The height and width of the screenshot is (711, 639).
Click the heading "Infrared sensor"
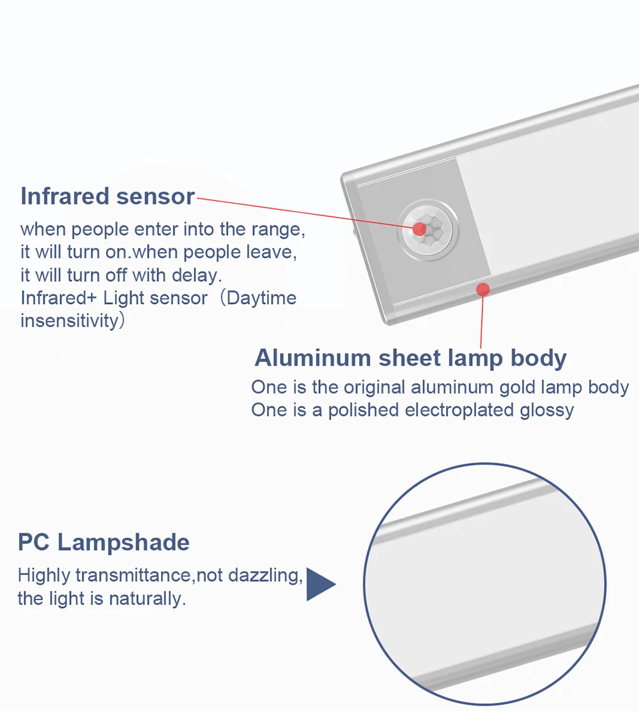[107, 196]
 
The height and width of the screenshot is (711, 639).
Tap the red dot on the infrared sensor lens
[419, 229]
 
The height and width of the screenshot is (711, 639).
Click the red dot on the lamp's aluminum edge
[483, 289]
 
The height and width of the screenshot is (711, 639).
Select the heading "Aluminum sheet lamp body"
[410, 358]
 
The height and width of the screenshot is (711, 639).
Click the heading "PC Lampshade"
[104, 542]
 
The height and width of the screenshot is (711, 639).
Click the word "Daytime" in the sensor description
[262, 298]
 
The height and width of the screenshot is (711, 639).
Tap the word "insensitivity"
[70, 320]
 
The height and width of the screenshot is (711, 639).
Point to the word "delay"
[197, 275]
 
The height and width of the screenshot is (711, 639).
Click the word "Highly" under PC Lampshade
[43, 576]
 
